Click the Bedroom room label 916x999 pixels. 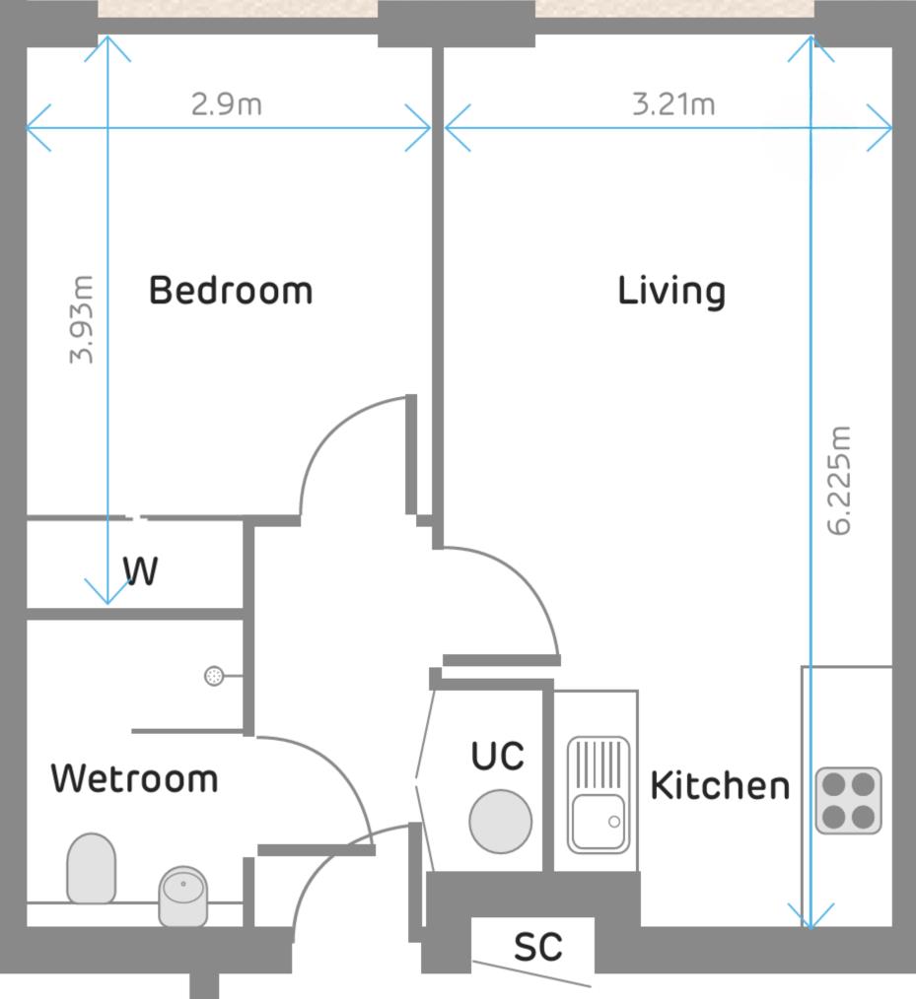pyautogui.click(x=230, y=292)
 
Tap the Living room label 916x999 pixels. pyautogui.click(x=671, y=292)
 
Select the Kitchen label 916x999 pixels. pyautogui.click(x=720, y=786)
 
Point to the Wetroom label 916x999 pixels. pyautogui.click(x=134, y=778)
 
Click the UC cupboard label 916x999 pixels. pyautogui.click(x=497, y=757)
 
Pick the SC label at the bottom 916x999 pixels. pyautogui.click(x=538, y=947)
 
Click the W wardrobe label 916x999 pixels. pyautogui.click(x=140, y=571)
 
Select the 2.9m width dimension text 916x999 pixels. pyautogui.click(x=227, y=104)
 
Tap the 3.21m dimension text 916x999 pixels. pyautogui.click(x=673, y=103)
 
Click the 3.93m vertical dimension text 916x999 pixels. pyautogui.click(x=83, y=319)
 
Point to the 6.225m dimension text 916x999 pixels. pyautogui.click(x=839, y=480)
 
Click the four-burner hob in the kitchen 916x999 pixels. pyautogui.click(x=848, y=800)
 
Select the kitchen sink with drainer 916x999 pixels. pyautogui.click(x=598, y=794)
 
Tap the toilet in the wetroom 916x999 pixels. pyautogui.click(x=91, y=867)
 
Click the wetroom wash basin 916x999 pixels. pyautogui.click(x=183, y=896)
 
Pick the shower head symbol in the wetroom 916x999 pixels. pyautogui.click(x=214, y=676)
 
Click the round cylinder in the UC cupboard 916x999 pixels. pyautogui.click(x=500, y=821)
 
